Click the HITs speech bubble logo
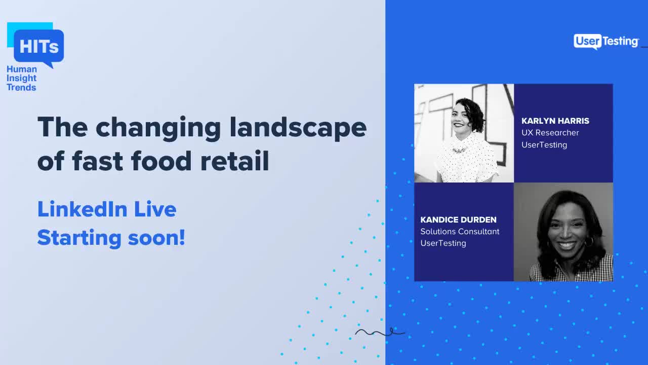38,47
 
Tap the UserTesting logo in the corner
606,42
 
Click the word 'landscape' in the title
298,127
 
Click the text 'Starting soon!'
111,237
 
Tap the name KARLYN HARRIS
555,121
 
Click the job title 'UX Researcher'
550,133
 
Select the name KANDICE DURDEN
458,220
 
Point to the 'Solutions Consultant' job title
460,231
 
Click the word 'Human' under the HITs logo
22,69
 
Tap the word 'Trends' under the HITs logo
21,87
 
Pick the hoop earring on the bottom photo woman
589,242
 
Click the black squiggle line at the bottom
380,333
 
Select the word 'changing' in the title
158,128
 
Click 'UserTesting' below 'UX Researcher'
544,145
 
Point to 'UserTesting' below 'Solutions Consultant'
443,243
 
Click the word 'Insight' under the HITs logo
21,78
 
